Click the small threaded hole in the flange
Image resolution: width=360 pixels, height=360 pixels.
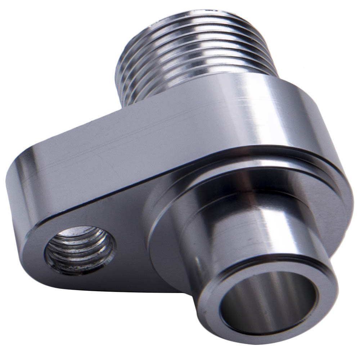point(80,250)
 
